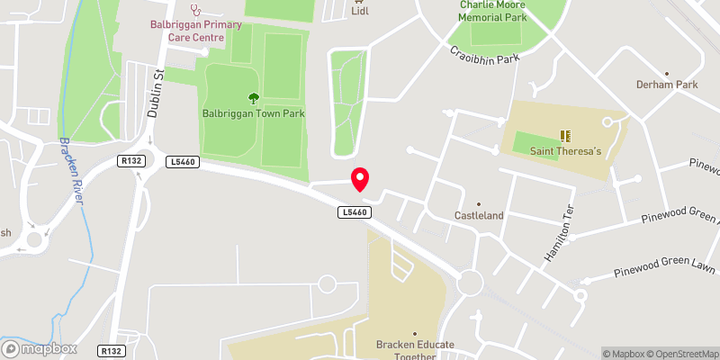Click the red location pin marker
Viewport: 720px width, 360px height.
[x=360, y=179]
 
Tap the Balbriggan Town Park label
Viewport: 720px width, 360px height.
[x=254, y=113]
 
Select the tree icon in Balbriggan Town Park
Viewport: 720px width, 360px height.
[x=254, y=98]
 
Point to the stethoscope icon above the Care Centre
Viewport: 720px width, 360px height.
[x=194, y=10]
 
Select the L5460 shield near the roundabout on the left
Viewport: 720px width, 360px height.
[x=182, y=161]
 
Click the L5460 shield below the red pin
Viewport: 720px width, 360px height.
[x=355, y=212]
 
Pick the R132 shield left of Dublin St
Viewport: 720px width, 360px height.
[x=130, y=160]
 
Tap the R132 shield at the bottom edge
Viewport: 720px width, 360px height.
[x=112, y=350]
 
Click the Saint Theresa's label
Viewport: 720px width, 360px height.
[x=565, y=151]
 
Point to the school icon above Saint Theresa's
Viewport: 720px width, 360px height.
[x=565, y=136]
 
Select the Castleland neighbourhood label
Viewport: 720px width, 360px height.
[x=478, y=216]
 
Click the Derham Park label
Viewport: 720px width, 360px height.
[x=667, y=85]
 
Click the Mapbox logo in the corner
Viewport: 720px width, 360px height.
[x=38, y=348]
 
